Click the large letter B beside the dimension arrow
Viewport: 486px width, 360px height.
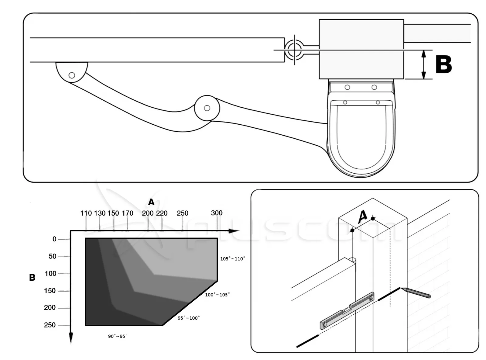coord(443,64)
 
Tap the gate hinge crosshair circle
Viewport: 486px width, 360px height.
coord(294,50)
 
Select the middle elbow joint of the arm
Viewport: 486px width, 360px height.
coord(207,108)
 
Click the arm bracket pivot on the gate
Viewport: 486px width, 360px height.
coord(72,75)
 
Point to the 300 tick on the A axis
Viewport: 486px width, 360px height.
coord(217,213)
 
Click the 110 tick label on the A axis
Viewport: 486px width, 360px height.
coord(86,213)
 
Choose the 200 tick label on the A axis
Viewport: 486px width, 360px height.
coord(148,213)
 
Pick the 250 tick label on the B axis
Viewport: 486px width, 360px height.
coord(50,325)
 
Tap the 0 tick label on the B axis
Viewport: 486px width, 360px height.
coord(54,239)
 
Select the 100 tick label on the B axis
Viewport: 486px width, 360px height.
coord(50,274)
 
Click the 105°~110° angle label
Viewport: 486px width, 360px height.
coord(232,259)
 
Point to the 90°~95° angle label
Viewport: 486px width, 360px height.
coord(118,336)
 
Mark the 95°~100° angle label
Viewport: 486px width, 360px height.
coord(189,318)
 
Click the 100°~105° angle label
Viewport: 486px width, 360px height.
coord(217,295)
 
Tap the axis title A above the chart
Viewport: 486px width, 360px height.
coord(151,202)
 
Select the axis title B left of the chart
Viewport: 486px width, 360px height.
coord(32,277)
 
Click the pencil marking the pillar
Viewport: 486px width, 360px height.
coord(416,292)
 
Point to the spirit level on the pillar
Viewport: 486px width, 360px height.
coord(347,311)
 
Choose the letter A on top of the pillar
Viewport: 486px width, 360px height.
coord(363,217)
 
